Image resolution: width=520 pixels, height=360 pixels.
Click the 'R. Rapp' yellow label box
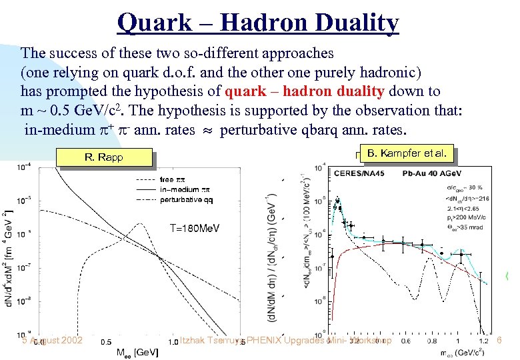point(105,158)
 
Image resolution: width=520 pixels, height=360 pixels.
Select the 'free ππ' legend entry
point(175,180)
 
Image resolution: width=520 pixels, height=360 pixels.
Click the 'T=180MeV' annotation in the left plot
point(194,228)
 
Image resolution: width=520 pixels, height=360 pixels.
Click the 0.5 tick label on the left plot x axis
point(106,341)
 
